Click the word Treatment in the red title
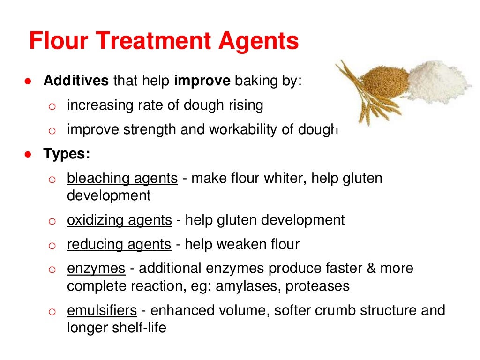click(149, 41)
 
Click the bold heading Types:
click(67, 153)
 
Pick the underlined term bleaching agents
click(122, 178)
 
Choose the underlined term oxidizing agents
click(120, 219)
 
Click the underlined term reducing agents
click(119, 244)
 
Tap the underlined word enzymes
click(96, 269)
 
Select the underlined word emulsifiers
click(102, 310)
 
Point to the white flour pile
click(439, 80)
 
